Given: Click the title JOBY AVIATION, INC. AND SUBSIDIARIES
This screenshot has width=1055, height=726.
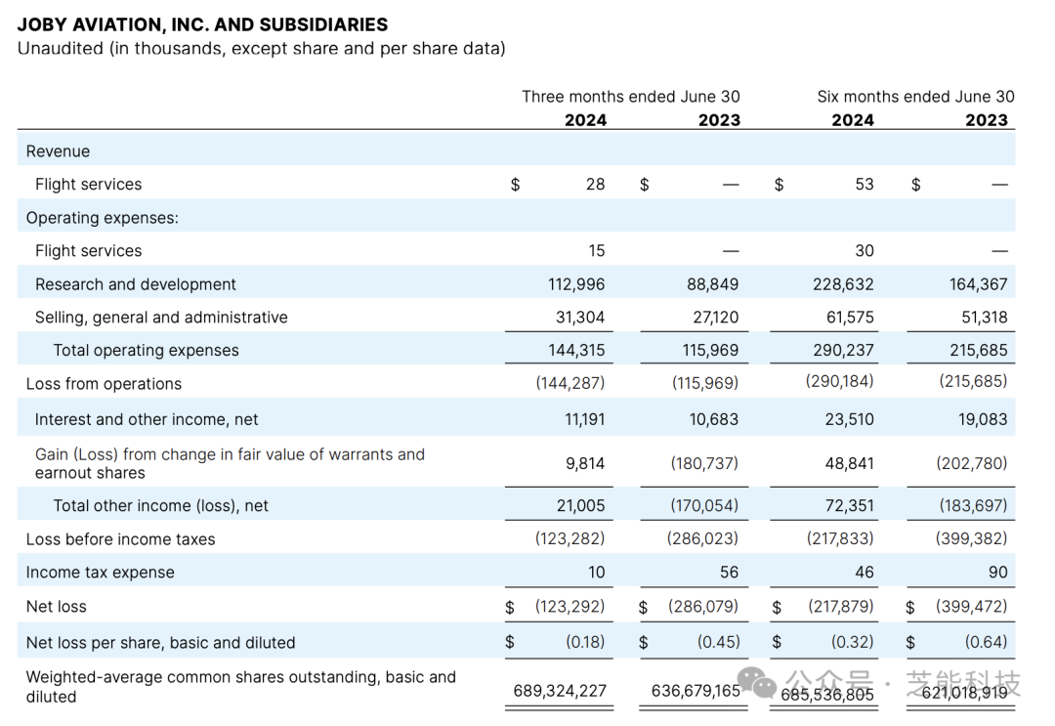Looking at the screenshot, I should pyautogui.click(x=202, y=24).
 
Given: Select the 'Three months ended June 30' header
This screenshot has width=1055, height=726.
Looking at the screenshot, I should pyautogui.click(x=630, y=97).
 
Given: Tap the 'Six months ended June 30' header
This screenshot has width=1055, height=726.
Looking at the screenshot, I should pyautogui.click(x=915, y=97).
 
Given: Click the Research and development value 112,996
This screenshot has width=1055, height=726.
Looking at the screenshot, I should pyautogui.click(x=576, y=284).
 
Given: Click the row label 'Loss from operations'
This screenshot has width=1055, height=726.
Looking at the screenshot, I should pyautogui.click(x=104, y=384).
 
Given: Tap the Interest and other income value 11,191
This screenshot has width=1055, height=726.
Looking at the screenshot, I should pyautogui.click(x=584, y=419).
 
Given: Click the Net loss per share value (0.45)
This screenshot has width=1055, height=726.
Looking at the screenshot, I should pyautogui.click(x=718, y=642).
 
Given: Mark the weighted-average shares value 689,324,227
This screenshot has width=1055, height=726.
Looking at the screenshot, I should pyautogui.click(x=560, y=691).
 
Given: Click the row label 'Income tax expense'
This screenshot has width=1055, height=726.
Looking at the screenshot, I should pyautogui.click(x=100, y=573).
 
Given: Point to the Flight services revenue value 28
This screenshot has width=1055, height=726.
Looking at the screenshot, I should pyautogui.click(x=595, y=184).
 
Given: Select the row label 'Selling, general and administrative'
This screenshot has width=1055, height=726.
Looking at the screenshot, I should pyautogui.click(x=161, y=318).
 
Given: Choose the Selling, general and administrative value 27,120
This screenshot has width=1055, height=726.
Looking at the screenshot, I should pyautogui.click(x=713, y=318).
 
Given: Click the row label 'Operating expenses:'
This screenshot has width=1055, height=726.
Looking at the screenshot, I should pyautogui.click(x=103, y=218).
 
